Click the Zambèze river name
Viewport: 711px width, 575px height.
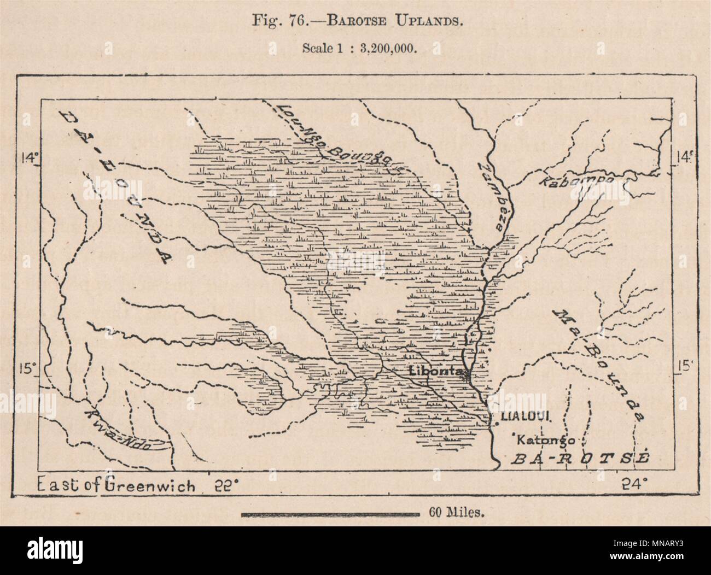[493, 194]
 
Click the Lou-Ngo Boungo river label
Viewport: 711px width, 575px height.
[339, 137]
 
